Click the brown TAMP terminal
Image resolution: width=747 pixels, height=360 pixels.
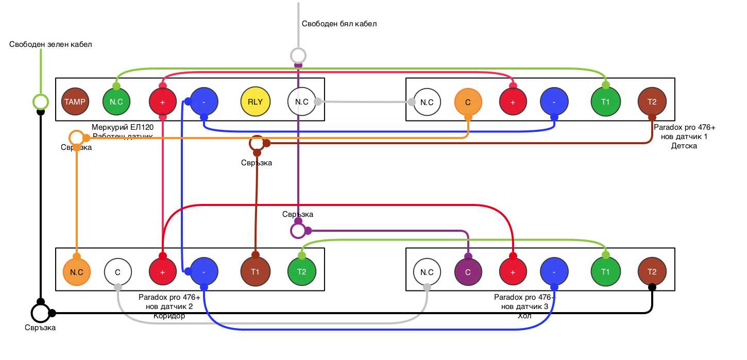click(x=75, y=101)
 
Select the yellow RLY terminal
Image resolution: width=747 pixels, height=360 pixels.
click(x=255, y=101)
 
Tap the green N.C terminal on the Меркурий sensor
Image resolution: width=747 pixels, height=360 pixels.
click(x=116, y=101)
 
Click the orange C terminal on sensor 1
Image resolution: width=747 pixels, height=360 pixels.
click(x=468, y=102)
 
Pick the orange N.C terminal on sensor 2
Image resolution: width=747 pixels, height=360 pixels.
click(x=76, y=271)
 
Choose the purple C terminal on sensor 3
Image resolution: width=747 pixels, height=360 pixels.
click(x=468, y=271)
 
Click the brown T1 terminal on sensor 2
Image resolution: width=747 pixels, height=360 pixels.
click(x=255, y=271)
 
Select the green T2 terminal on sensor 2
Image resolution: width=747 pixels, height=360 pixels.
click(x=301, y=271)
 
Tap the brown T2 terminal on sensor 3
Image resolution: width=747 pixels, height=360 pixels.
click(x=652, y=271)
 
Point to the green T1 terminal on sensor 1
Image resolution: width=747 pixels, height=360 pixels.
click(x=605, y=102)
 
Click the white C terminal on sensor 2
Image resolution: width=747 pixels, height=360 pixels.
click(x=117, y=271)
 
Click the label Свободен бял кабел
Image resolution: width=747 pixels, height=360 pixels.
click(x=339, y=24)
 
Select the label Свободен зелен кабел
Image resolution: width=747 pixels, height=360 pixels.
click(x=50, y=44)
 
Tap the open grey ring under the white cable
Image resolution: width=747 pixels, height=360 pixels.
click(x=298, y=55)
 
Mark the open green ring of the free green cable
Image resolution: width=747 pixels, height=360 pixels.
click(x=40, y=101)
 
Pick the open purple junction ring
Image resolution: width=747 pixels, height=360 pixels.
click(x=298, y=231)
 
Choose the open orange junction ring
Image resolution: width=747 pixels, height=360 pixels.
click(x=76, y=138)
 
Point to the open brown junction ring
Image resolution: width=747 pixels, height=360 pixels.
click(x=257, y=143)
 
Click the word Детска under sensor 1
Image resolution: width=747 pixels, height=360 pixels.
click(x=684, y=146)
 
